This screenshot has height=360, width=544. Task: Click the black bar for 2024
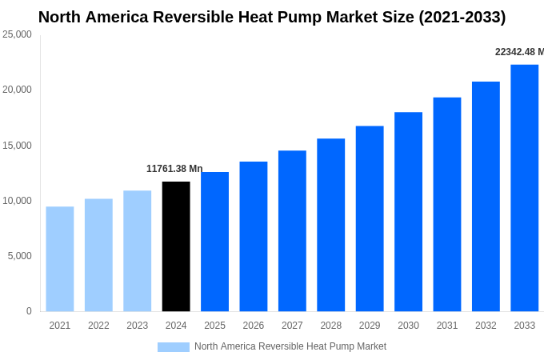pos(176,246)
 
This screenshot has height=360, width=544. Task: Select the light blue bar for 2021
pos(60,259)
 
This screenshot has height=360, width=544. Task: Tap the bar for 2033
pos(524,188)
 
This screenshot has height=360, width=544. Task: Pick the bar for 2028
pos(330,225)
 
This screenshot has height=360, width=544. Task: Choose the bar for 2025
pos(214,242)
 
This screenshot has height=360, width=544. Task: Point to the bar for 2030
pos(408,212)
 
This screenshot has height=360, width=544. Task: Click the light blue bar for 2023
pos(137,251)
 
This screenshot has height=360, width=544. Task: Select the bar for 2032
pos(486,197)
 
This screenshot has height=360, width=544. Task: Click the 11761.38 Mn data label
pos(174,169)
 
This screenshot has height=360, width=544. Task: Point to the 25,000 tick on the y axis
pos(17,34)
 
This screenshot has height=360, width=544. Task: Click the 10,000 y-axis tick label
pos(17,201)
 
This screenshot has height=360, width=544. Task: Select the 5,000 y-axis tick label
pos(19,256)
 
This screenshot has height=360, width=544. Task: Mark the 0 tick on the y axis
pos(29,311)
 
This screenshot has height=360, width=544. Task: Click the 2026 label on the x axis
pos(253,326)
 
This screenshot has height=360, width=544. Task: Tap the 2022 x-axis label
pos(98,326)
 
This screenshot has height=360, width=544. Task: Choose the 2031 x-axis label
pos(447,326)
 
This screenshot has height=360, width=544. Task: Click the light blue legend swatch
pos(173,347)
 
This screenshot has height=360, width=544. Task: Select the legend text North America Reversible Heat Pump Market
pos(290,346)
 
